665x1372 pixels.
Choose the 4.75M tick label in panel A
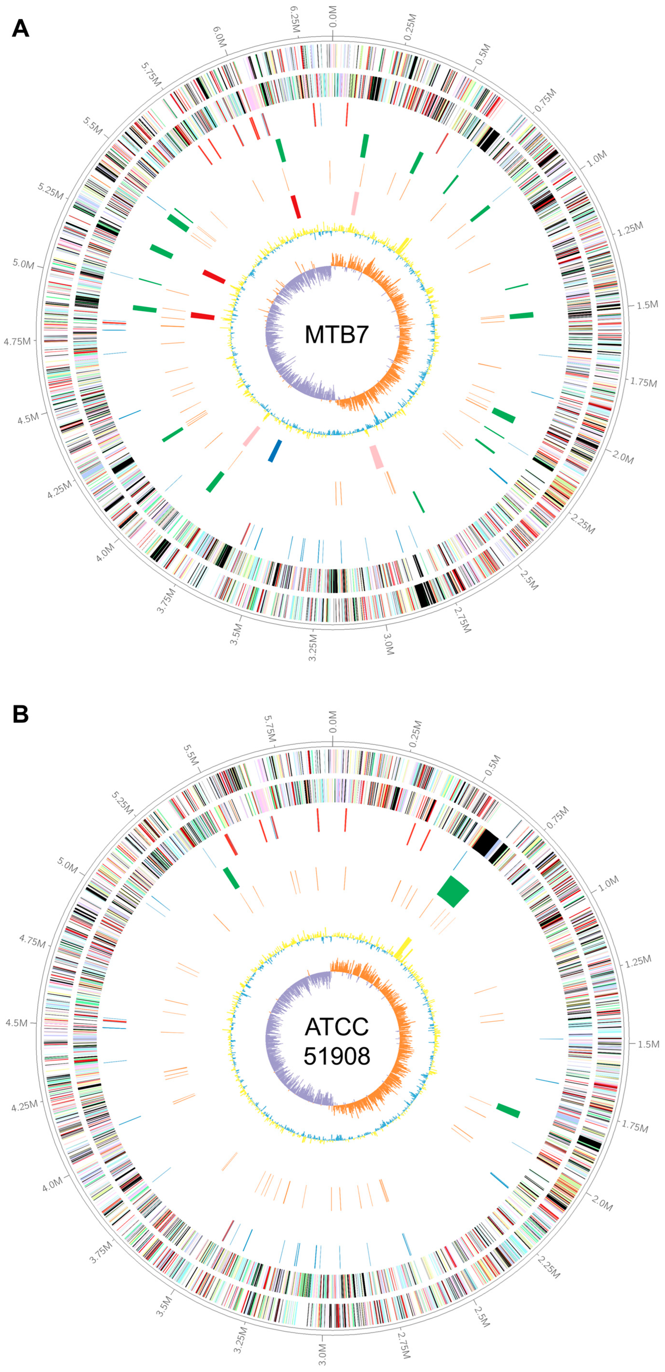pyautogui.click(x=17, y=341)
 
